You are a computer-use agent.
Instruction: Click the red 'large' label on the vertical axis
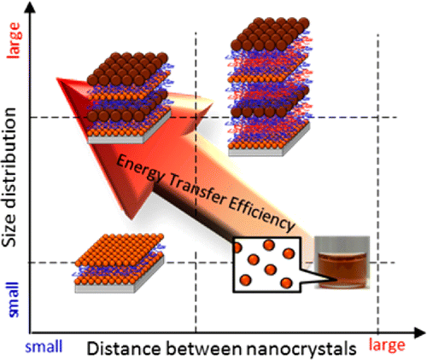point(15,40)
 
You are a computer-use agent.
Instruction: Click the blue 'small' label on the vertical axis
point(14,299)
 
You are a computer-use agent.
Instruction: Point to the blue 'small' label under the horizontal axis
point(44,347)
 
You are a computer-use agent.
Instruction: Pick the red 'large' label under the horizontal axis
point(387,345)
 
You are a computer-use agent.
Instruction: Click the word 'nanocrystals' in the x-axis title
point(301,348)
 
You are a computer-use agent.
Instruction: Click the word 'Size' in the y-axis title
point(9,233)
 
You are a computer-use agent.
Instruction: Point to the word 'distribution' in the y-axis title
point(9,160)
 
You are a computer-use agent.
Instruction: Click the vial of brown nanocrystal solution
point(342,263)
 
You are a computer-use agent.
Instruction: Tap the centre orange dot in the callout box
point(270,269)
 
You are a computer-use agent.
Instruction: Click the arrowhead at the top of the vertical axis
point(30,6)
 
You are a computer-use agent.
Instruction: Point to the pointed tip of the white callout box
point(338,280)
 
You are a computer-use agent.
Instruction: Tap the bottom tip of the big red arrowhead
point(132,219)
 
